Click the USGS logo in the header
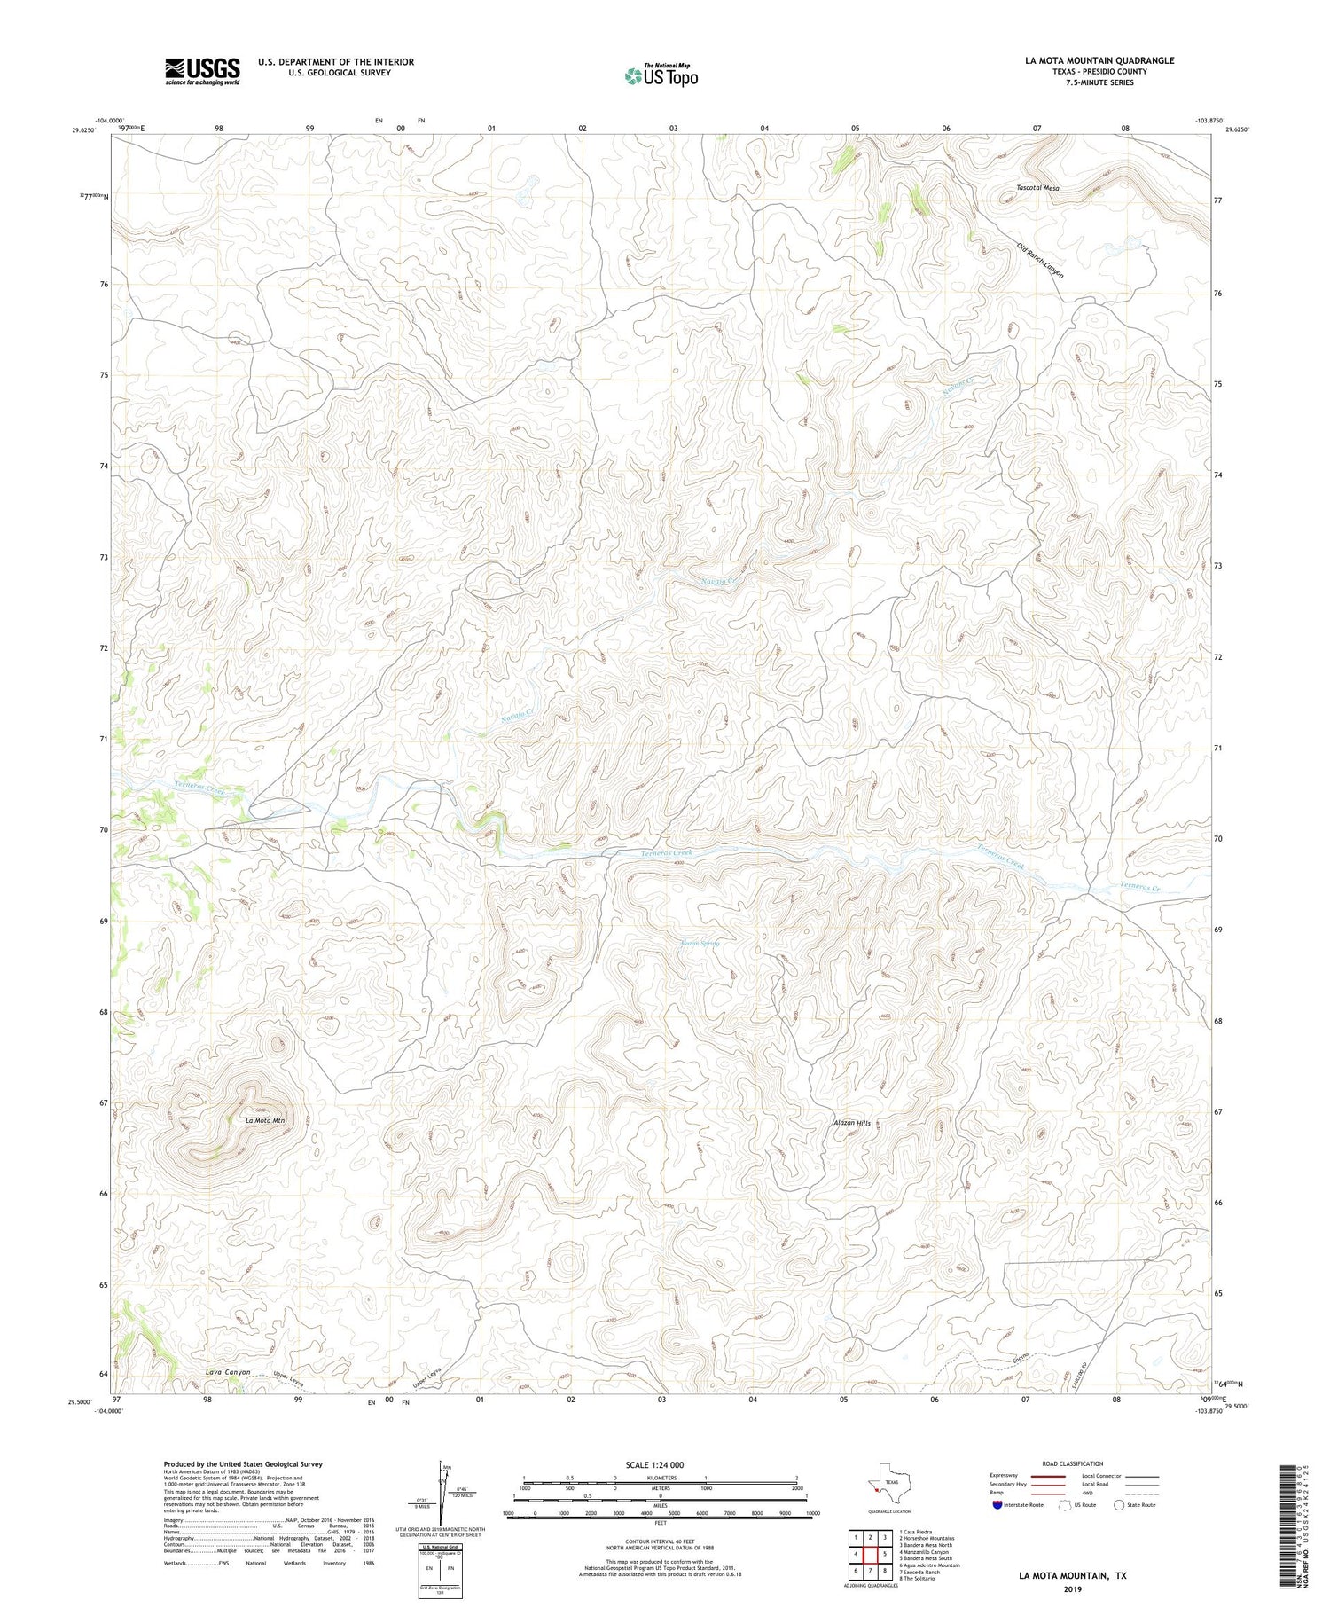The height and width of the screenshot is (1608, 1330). (202, 71)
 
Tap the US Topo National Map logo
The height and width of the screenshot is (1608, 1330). (661, 75)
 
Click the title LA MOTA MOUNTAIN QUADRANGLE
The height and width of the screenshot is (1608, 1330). (1099, 60)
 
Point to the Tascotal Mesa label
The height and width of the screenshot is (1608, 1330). (1037, 188)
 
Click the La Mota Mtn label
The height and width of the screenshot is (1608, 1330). (265, 1121)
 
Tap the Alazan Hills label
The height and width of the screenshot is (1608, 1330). (852, 1123)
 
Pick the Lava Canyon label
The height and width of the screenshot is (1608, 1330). (228, 1372)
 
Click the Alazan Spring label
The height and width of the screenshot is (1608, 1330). (699, 943)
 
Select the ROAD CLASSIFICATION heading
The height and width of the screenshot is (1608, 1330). (1073, 1463)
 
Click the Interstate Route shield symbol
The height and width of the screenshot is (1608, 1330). (997, 1505)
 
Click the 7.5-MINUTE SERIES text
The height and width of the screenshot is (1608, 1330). (1099, 82)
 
